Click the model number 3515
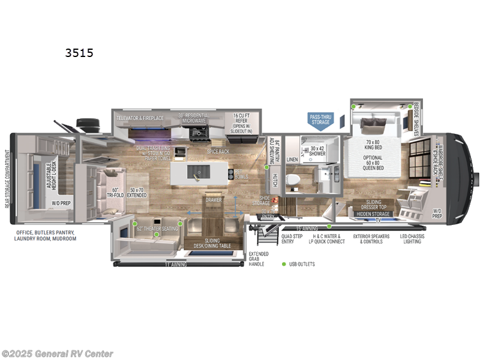pos(79,53)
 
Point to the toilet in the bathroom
pos(293,179)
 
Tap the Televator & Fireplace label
pos(140,118)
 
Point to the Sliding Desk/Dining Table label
pos(217,242)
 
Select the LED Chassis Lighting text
pos(412,239)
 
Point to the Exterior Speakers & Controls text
pos(371,239)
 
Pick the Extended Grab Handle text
pos(259,259)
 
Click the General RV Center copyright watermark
pos(58,353)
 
